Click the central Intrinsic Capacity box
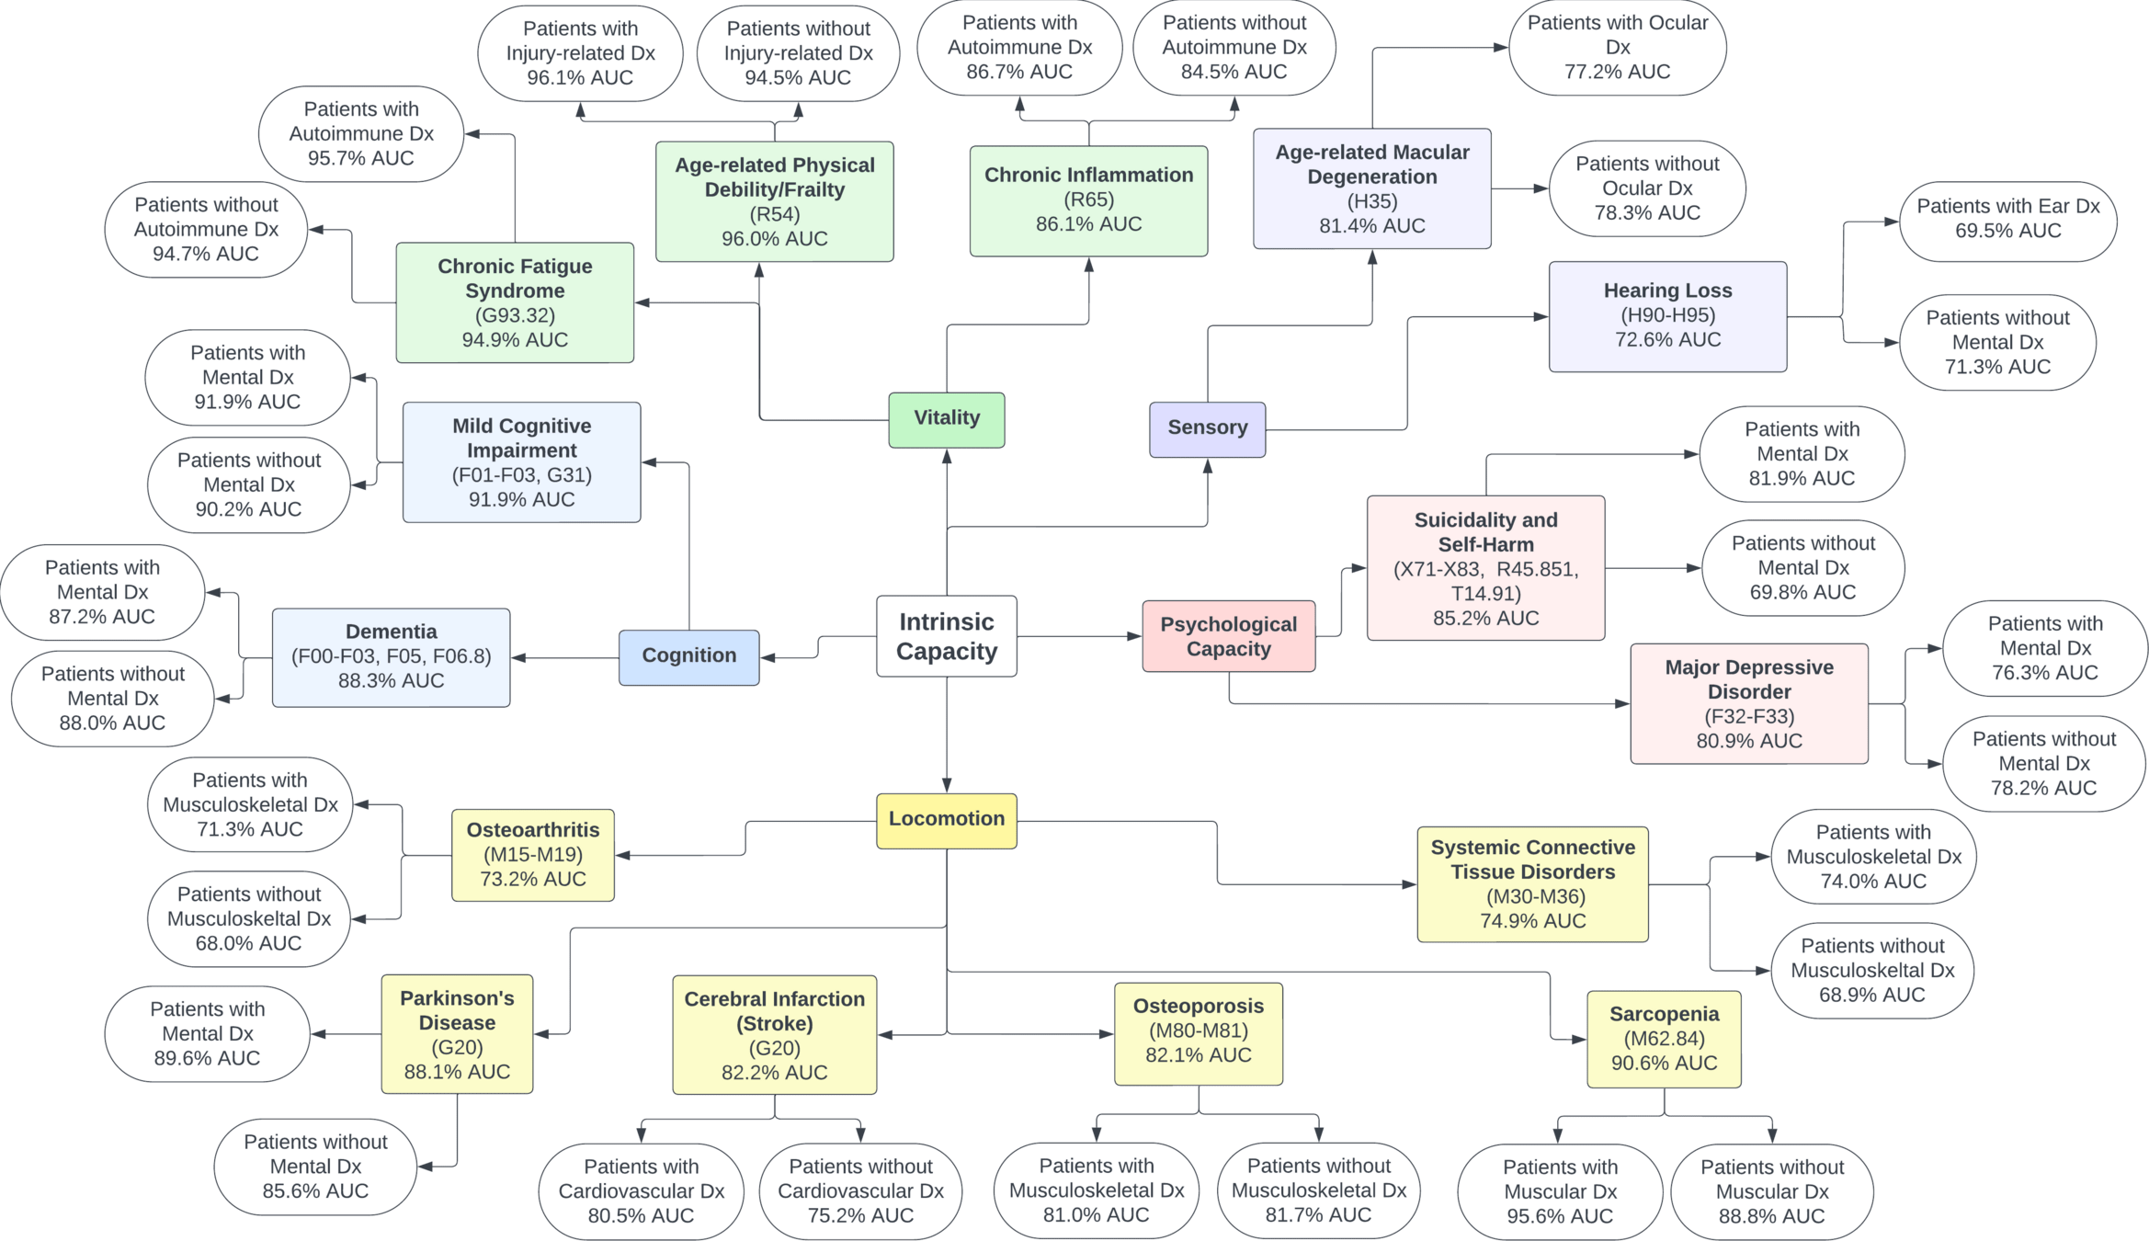(946, 636)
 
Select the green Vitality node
(946, 419)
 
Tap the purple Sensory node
(1207, 428)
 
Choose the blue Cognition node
(688, 656)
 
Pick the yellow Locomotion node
(946, 820)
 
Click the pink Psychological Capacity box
(1228, 636)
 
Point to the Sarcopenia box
(1664, 1039)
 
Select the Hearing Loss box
(1667, 316)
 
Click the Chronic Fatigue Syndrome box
(515, 302)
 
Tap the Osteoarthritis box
(533, 855)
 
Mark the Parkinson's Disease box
(457, 1034)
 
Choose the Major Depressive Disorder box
(1748, 703)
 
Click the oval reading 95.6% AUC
(1560, 1191)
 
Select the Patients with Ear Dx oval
(2007, 220)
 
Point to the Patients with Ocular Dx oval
(1617, 48)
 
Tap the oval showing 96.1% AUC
(580, 53)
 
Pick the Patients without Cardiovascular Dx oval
(860, 1191)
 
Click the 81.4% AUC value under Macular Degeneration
(1371, 226)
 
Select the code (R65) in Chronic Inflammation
(1088, 199)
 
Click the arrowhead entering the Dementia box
(517, 658)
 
